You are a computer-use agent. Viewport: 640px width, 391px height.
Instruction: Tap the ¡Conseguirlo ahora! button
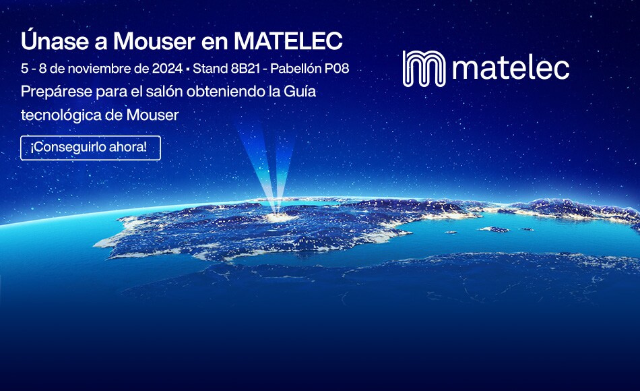[x=90, y=147]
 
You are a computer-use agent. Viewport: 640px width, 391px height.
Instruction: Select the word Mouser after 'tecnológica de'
[x=153, y=115]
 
